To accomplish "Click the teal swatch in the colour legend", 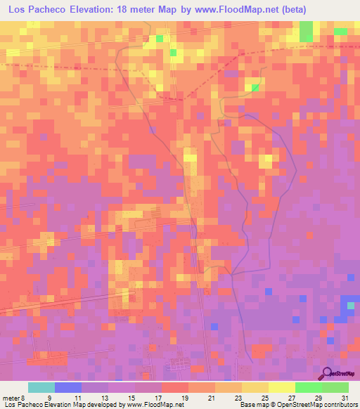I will (x=41, y=387).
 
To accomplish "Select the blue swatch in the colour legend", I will (x=68, y=387).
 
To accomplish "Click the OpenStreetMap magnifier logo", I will (x=327, y=374).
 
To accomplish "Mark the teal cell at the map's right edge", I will (x=351, y=305).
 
